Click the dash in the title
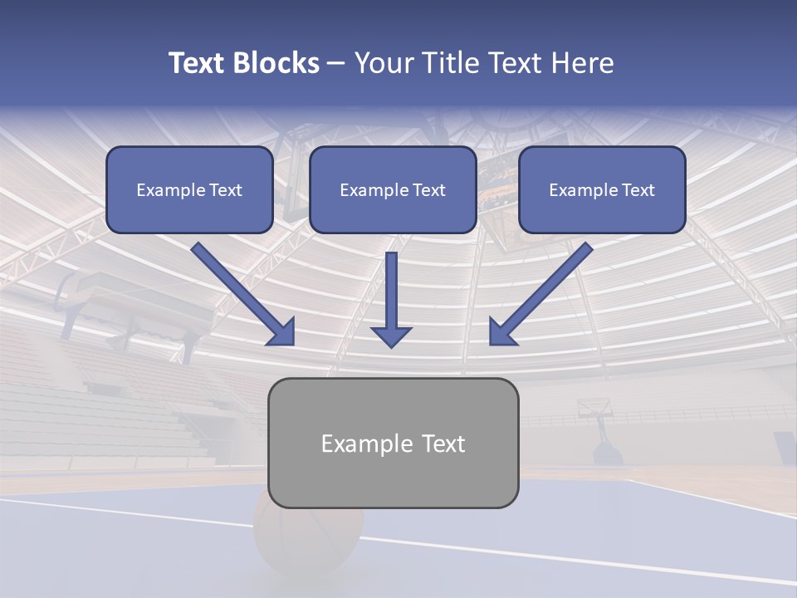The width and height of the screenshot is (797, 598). pyautogui.click(x=336, y=64)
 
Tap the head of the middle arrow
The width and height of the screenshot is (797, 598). pyautogui.click(x=391, y=336)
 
